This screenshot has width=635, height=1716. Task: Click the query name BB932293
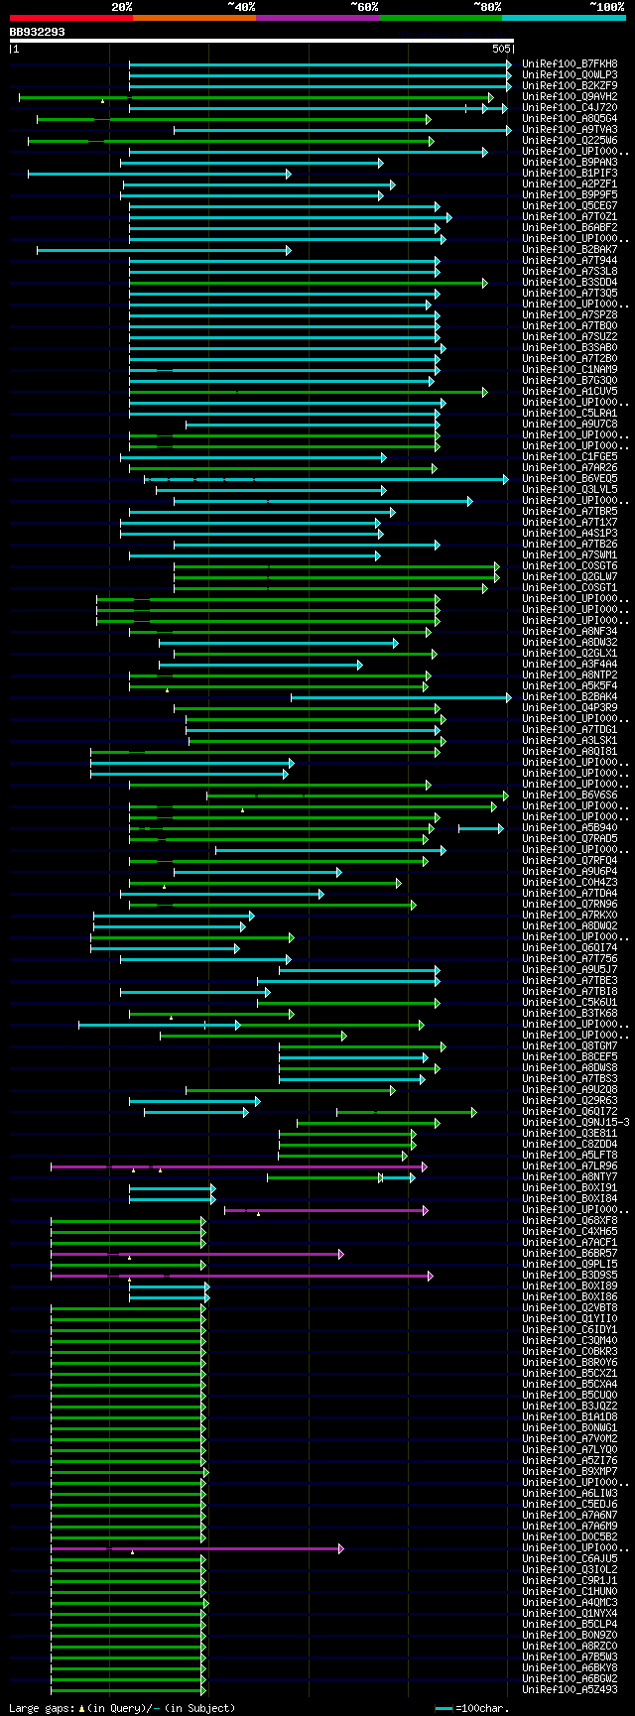(38, 32)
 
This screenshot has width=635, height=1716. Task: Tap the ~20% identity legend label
(121, 7)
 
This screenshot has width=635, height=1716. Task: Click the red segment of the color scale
(70, 18)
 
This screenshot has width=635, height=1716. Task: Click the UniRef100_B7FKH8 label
(570, 63)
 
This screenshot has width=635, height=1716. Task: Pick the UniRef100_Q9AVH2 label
(570, 96)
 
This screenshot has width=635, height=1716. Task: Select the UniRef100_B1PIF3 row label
(570, 173)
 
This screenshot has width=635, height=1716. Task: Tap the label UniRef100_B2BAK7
(570, 249)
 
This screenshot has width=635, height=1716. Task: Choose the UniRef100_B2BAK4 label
(570, 696)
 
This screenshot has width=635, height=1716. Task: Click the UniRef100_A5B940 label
(570, 827)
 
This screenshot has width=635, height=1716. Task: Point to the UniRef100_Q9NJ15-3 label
(575, 1122)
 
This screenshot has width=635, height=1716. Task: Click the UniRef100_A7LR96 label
(570, 1165)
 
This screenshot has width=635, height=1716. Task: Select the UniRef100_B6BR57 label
(570, 1253)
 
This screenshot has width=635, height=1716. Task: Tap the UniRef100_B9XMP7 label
(570, 1471)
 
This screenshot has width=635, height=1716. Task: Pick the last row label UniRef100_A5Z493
(570, 1689)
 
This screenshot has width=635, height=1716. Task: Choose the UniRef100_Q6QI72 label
(570, 1111)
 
